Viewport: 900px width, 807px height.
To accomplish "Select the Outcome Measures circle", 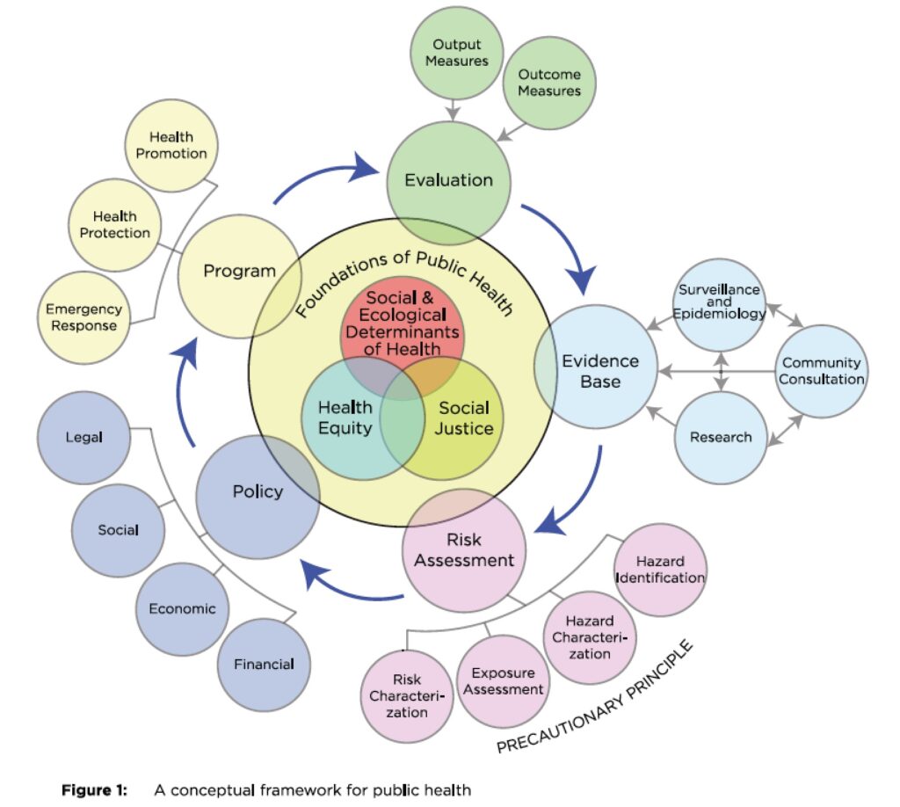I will pos(549,83).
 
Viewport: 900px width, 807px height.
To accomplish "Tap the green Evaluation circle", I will pos(448,180).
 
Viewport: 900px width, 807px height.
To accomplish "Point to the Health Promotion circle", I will pos(171,145).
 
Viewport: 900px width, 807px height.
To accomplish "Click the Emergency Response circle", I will pos(83,317).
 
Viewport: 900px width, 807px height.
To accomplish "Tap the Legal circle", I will pos(84,438).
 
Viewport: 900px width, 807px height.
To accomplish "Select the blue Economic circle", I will pos(181,608).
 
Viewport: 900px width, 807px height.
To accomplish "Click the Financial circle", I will pos(263,664).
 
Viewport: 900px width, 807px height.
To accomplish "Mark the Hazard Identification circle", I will pos(660,570).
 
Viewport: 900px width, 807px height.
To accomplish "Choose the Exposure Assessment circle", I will pos(503,680).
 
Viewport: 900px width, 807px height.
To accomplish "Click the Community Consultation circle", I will pos(823,371).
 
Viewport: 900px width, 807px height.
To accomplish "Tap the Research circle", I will pos(720,437).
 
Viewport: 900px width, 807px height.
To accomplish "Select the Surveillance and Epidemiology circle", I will pos(720,303).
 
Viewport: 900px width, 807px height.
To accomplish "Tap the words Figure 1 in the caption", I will pos(93,790).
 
